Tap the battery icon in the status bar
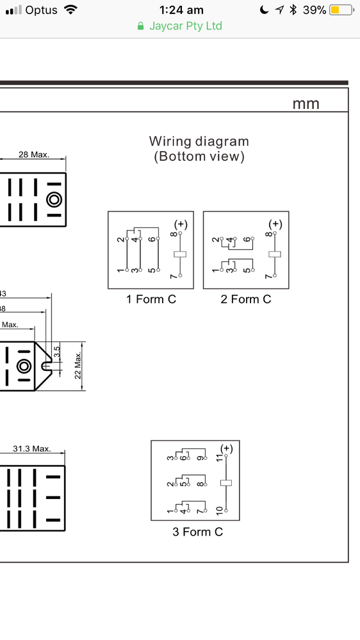342,10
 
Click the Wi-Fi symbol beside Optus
70,10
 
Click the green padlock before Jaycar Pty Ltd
140,26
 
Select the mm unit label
306,104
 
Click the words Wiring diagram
199,141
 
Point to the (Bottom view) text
199,156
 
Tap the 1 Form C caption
151,299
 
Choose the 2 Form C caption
246,299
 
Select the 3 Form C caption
197,532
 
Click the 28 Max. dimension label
33,154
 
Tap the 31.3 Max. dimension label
32,448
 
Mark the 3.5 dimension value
57,352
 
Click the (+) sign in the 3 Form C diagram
226,447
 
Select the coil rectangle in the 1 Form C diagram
180,254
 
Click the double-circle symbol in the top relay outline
54,200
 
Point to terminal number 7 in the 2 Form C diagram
268,277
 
